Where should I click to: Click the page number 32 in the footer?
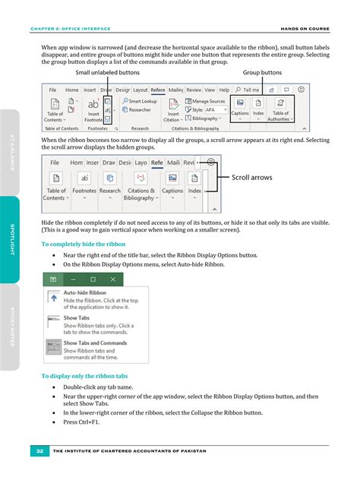click(38, 452)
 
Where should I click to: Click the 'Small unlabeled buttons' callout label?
click(108, 72)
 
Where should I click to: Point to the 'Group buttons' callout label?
click(262, 72)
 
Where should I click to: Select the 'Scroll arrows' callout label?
click(251, 177)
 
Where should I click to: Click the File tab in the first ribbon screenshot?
click(53, 90)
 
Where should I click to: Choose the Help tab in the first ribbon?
click(223, 90)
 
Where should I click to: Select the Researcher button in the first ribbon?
click(140, 109)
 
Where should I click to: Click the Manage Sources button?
click(207, 100)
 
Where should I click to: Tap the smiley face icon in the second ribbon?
click(210, 161)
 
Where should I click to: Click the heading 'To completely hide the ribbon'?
click(83, 244)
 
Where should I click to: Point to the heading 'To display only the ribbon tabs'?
click(84, 376)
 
